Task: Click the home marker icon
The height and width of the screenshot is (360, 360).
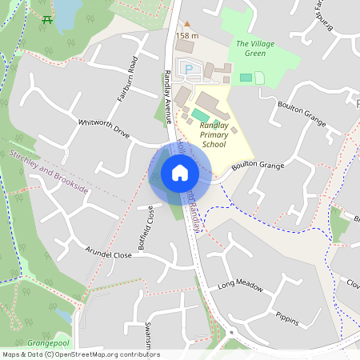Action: [x=180, y=173]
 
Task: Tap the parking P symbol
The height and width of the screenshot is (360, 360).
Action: [x=190, y=70]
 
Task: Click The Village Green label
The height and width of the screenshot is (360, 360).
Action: [x=250, y=48]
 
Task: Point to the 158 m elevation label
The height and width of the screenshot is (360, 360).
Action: [x=187, y=36]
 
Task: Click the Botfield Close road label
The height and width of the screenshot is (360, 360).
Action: [x=145, y=229]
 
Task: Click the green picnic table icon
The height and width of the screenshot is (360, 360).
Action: [x=49, y=18]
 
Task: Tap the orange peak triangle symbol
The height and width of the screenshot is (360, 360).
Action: [x=187, y=25]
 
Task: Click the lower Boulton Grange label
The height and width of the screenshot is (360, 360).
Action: [x=258, y=166]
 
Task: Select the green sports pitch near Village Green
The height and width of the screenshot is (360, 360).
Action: [x=246, y=77]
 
